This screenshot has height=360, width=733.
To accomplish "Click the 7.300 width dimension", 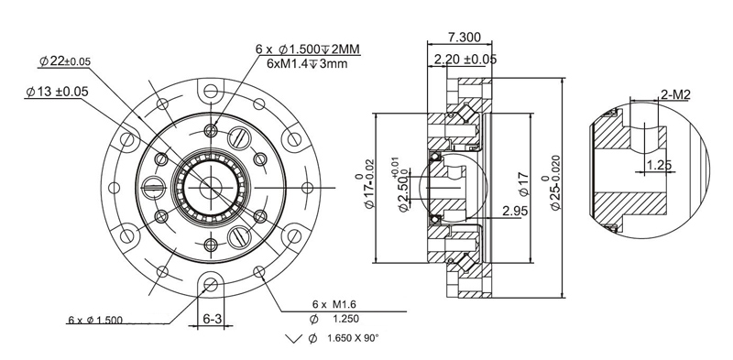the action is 464,37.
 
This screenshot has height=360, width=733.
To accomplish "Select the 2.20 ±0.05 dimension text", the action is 465,60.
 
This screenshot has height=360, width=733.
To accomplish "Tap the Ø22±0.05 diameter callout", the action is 65,60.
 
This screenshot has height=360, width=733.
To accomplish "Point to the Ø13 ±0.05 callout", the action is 57,92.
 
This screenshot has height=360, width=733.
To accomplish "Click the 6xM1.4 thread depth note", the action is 307,64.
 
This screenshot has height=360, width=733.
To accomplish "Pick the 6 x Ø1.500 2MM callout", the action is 308,49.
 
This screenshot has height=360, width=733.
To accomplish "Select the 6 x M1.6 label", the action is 334,304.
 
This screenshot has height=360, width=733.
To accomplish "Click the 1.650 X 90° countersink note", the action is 353,338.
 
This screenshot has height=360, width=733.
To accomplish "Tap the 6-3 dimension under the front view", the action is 213,319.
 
